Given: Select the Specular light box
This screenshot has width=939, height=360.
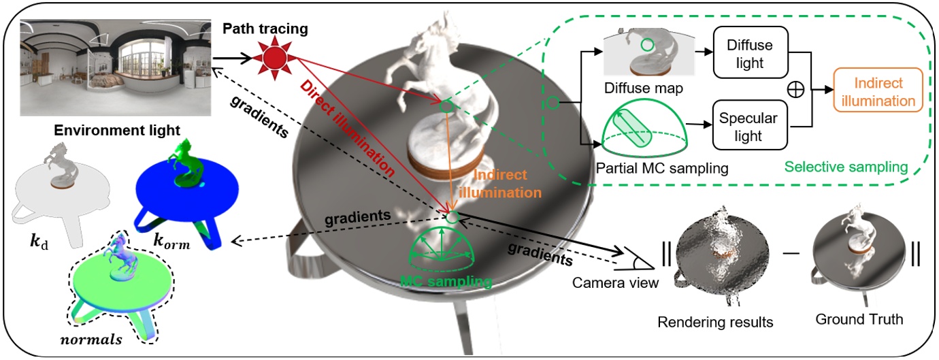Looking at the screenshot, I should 748,127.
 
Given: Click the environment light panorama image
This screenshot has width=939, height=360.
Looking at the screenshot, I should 113,67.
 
